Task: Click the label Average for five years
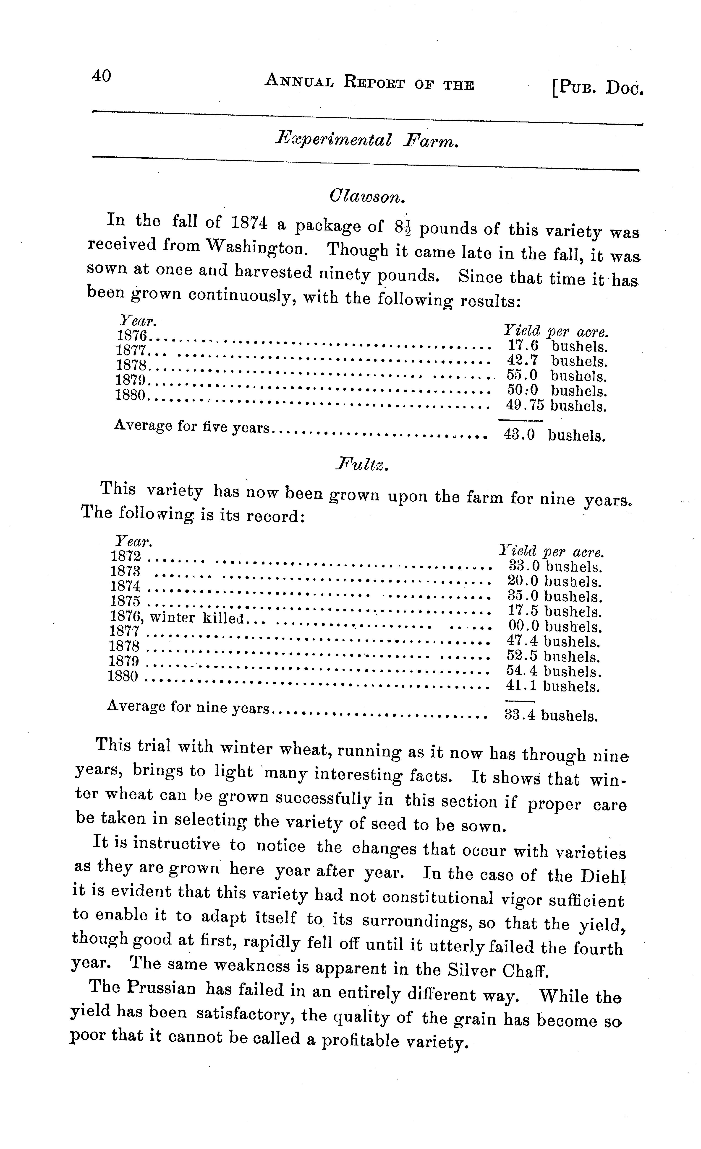192,426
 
